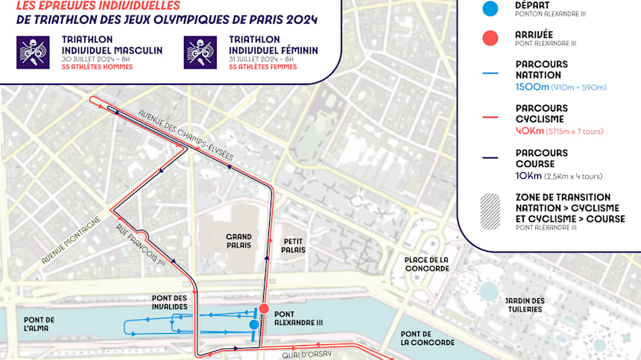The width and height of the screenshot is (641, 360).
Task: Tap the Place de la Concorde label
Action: tap(426, 264)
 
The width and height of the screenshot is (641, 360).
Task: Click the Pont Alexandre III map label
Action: tap(299, 318)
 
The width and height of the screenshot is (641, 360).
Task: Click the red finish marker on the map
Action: tap(263, 309)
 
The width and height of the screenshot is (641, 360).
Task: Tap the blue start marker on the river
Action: tap(254, 324)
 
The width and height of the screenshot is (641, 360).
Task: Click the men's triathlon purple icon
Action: tap(33, 52)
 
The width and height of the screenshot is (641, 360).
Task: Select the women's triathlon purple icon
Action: tap(201, 52)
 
